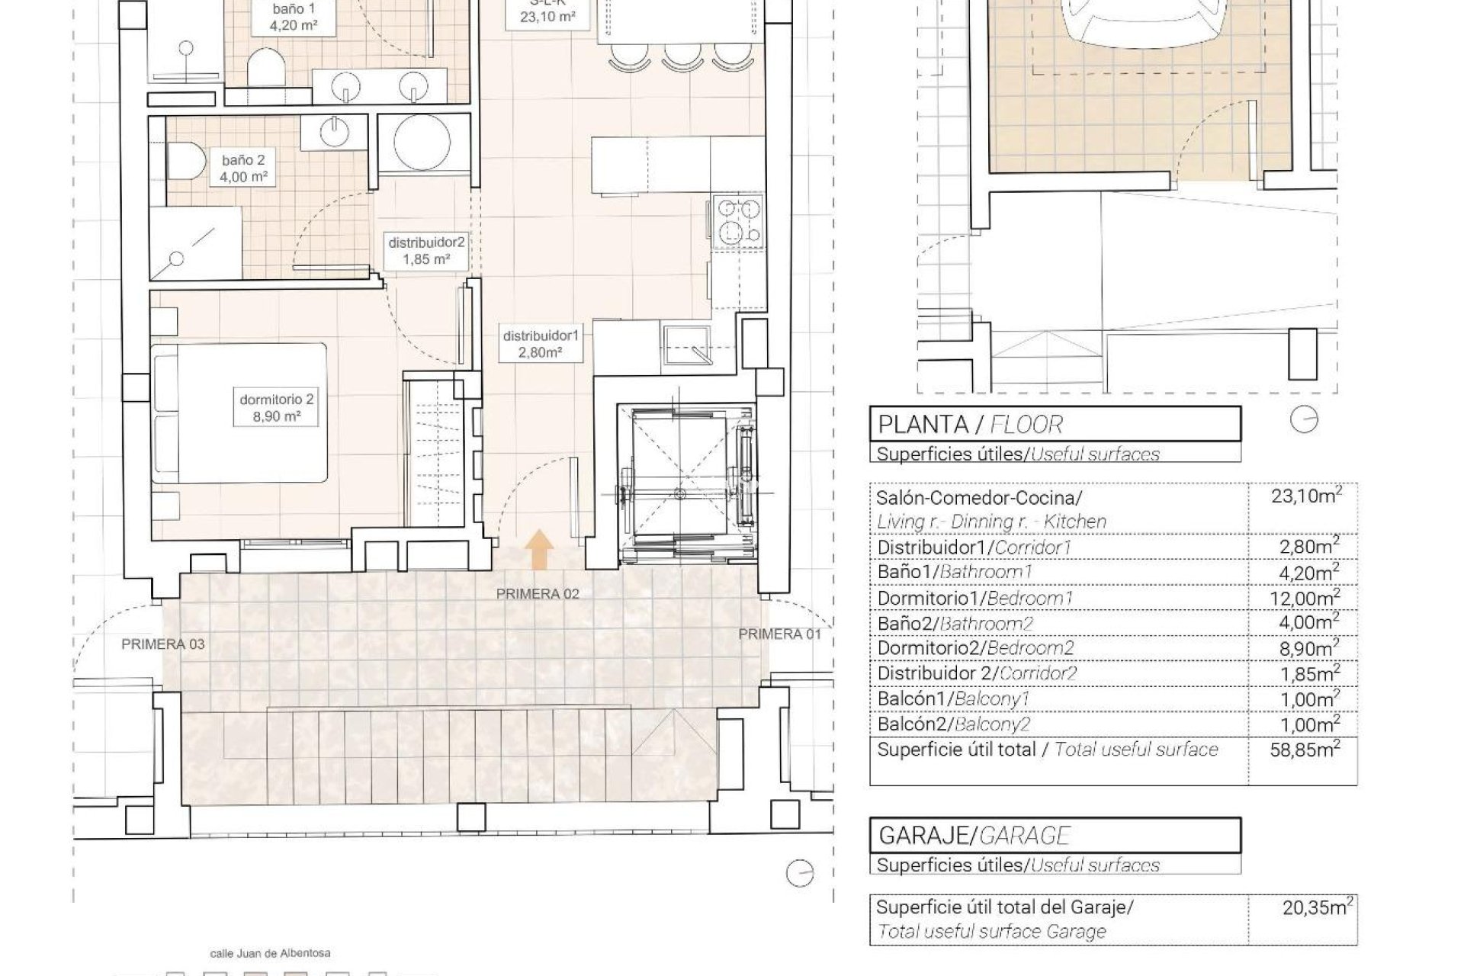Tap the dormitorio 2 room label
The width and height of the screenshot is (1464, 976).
[x=277, y=407]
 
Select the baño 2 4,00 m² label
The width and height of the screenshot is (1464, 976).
[x=244, y=169]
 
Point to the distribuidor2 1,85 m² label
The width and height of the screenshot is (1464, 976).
[x=426, y=251]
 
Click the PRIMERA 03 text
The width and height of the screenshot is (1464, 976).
[x=163, y=644]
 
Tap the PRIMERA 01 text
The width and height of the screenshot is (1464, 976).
[x=780, y=634]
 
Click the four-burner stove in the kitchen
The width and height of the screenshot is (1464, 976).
[x=737, y=222]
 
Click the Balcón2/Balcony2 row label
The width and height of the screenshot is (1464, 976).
[x=953, y=724]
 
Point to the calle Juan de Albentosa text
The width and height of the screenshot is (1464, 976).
[x=271, y=953]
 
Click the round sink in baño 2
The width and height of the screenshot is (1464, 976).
[x=332, y=131]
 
